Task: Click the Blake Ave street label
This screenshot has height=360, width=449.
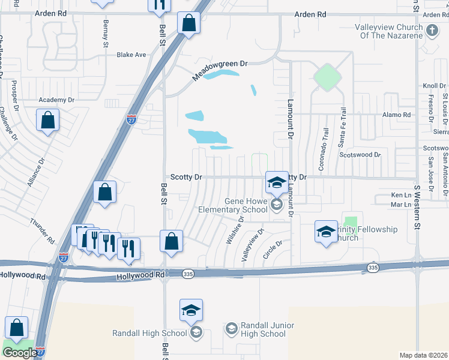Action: click(131, 55)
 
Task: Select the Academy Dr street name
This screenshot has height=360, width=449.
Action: click(56, 100)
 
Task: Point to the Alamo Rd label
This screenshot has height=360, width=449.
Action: click(398, 115)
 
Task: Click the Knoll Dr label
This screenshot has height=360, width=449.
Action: click(435, 86)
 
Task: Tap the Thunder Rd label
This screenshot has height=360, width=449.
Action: click(42, 230)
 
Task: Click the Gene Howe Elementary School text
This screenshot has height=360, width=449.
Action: click(234, 205)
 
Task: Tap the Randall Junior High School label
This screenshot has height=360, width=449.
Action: click(263, 329)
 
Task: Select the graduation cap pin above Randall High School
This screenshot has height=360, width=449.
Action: click(191, 310)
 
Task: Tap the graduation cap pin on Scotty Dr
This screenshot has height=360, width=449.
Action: click(276, 182)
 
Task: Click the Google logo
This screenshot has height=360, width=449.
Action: click(19, 353)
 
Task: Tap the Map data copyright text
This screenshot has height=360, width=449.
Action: click(423, 355)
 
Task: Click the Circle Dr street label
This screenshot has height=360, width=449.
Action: click(273, 250)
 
